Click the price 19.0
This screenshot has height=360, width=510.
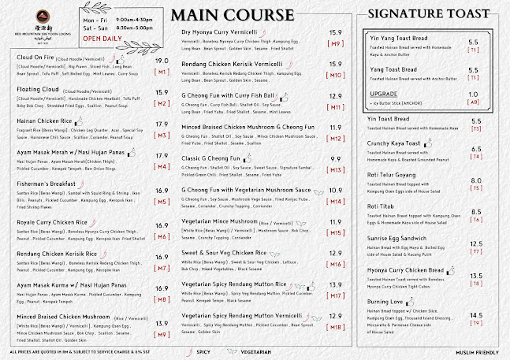tap(162, 61)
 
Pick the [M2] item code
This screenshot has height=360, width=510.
tap(162, 103)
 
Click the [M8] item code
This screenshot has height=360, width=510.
tap(162, 299)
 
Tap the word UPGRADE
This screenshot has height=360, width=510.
tap(384, 94)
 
